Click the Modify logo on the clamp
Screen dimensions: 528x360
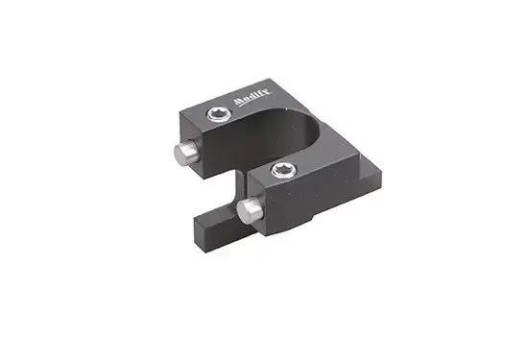point(252,97)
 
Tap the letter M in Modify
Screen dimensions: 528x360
point(238,102)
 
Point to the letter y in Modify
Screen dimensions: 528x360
point(266,92)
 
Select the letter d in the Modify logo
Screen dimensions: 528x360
point(252,97)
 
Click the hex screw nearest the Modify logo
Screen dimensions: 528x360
point(219,114)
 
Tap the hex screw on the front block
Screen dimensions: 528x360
point(284,170)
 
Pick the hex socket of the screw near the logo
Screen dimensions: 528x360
point(219,113)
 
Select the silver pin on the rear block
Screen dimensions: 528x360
point(186,154)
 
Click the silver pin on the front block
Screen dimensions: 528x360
point(250,209)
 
